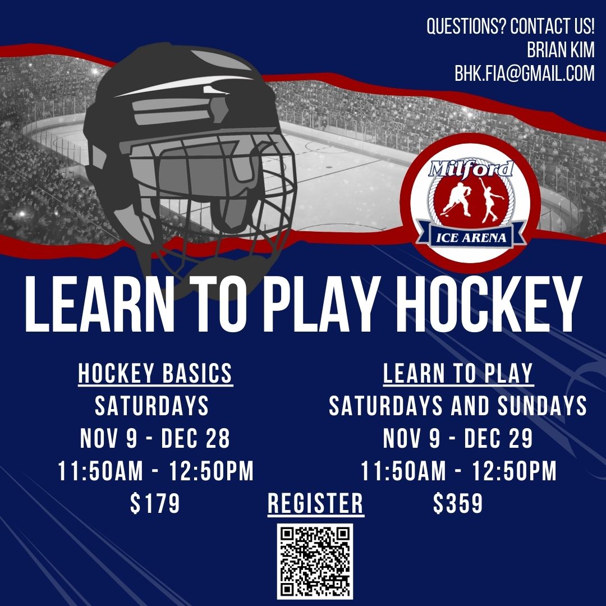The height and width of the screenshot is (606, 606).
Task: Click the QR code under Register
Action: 315,562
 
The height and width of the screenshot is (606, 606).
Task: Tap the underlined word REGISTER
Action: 316,503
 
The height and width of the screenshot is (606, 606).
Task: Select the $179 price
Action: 155,503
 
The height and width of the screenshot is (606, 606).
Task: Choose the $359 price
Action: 458,503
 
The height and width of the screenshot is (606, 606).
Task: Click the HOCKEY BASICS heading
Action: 155,374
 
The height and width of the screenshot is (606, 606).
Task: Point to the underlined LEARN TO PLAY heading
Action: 458,374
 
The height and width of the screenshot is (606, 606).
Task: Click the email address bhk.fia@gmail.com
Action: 525,73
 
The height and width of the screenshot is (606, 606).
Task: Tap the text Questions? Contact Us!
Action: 511,26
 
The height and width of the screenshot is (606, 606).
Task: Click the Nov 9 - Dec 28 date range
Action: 155,438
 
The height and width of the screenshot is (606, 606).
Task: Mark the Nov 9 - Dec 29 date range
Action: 458,438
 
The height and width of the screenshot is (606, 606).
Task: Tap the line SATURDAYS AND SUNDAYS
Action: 458,406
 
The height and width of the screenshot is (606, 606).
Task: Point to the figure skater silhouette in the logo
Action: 490,200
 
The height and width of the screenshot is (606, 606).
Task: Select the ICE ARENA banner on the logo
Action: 471,237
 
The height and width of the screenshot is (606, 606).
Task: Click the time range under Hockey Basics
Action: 156,471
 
